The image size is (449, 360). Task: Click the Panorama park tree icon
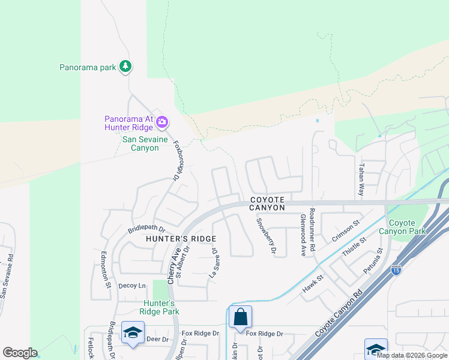(125, 67)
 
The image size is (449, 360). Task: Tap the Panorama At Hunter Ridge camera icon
(161, 122)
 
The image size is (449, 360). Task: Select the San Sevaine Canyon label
(140, 143)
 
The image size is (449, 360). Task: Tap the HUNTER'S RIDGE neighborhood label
(181, 238)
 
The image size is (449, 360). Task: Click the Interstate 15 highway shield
(396, 271)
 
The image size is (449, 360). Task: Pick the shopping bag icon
(240, 316)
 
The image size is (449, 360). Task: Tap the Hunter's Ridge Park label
(159, 307)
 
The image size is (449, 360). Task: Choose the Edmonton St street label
(104, 269)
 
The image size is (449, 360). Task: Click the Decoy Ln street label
(132, 286)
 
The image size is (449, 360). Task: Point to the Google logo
(20, 353)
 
